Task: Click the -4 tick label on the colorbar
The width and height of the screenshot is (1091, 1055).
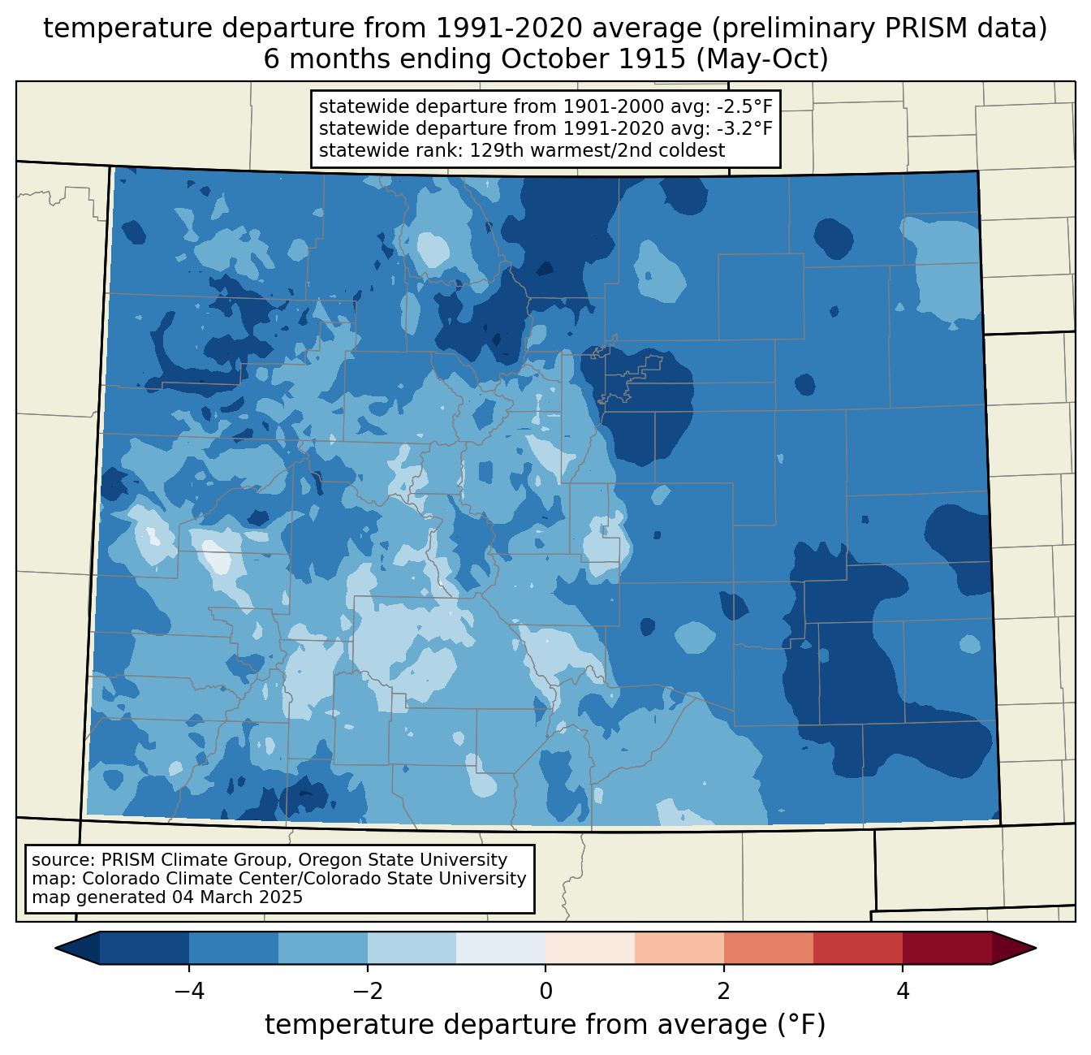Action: click(x=189, y=992)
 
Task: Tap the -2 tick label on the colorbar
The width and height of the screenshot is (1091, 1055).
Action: click(x=367, y=992)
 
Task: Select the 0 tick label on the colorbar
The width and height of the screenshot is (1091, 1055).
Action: click(x=545, y=992)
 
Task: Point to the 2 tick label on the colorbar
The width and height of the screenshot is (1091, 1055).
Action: click(x=724, y=992)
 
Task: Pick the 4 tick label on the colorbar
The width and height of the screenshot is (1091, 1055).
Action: click(x=903, y=992)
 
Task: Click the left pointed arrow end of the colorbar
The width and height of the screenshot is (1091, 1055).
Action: click(x=56, y=949)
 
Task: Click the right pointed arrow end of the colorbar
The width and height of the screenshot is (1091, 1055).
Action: click(x=1035, y=949)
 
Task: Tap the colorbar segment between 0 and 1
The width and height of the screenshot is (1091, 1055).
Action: click(x=590, y=949)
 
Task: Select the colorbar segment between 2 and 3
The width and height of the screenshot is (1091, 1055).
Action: click(x=769, y=949)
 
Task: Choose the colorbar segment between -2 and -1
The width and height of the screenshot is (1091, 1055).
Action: click(x=412, y=949)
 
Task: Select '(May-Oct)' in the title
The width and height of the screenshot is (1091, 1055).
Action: click(x=762, y=59)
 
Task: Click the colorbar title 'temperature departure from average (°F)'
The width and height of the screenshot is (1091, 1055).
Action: click(x=545, y=1024)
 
